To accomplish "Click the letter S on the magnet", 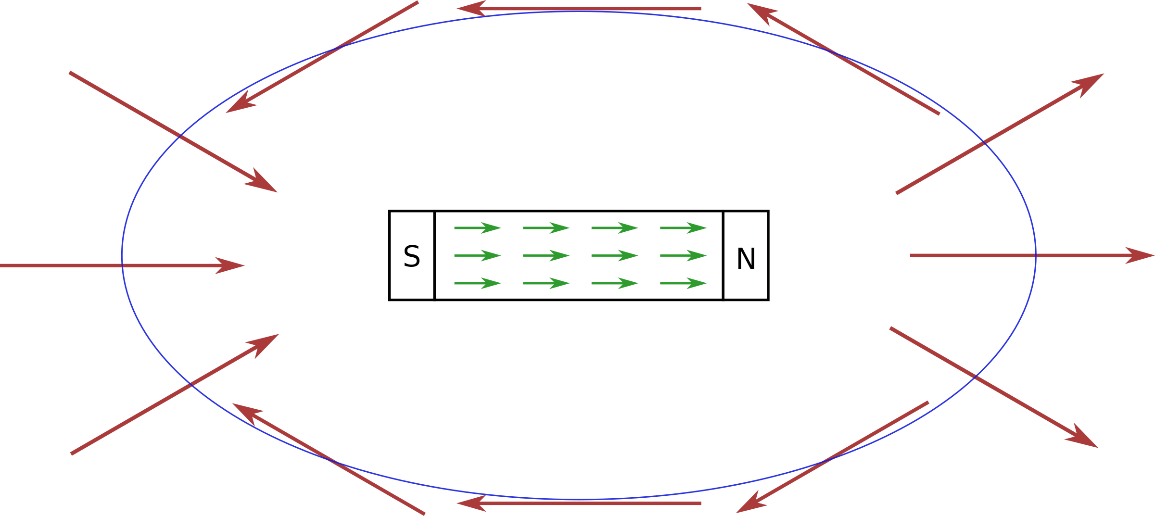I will click(x=412, y=257).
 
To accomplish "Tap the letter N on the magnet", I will click(x=746, y=259).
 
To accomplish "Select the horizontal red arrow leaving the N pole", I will click(x=1029, y=255).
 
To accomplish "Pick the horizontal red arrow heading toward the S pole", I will click(x=120, y=265).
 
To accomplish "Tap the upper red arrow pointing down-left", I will click(x=322, y=57).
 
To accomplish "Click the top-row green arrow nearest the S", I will click(x=477, y=228).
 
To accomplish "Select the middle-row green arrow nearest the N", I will click(x=683, y=256).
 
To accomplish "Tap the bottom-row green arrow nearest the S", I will click(x=477, y=283).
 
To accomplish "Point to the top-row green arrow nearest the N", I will click(x=683, y=228).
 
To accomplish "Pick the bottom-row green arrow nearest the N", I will click(x=683, y=283).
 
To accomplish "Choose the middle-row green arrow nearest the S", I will click(x=477, y=256).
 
